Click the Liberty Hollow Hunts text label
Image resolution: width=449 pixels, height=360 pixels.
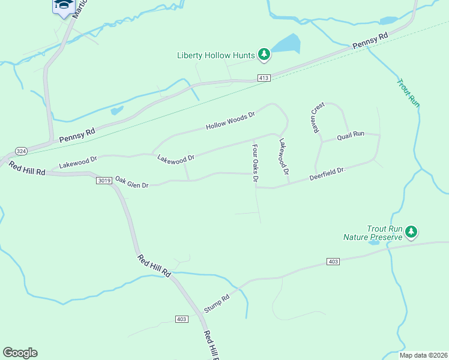tap(216, 55)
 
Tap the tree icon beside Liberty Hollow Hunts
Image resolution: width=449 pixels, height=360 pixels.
tap(264, 55)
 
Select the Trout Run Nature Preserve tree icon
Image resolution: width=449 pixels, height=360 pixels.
tap(411, 232)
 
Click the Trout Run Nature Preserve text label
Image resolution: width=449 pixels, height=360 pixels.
tap(372, 233)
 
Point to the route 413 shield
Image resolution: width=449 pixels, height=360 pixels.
tap(264, 78)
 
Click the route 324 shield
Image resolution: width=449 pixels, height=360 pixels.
tap(21, 151)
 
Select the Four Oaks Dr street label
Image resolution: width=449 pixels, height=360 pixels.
tap(255, 163)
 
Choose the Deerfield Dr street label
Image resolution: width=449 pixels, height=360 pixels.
tap(328, 174)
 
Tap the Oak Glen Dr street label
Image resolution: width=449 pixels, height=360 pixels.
tap(131, 182)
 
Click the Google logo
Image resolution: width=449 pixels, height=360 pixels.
tap(20, 353)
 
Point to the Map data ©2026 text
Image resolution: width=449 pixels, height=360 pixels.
tap(423, 355)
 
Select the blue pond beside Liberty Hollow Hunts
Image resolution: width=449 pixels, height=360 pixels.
tap(286, 44)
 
